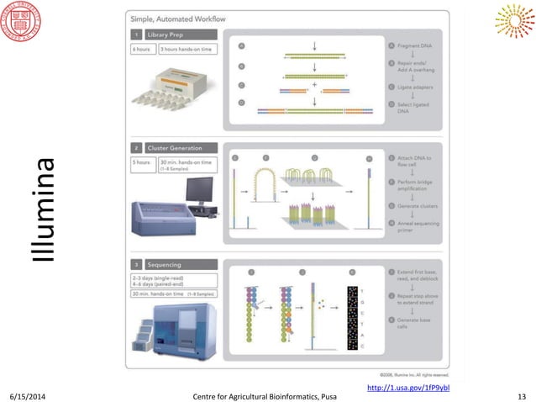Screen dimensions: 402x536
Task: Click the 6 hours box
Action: [x=140, y=49]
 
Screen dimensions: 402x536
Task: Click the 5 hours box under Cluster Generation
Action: [x=140, y=162]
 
